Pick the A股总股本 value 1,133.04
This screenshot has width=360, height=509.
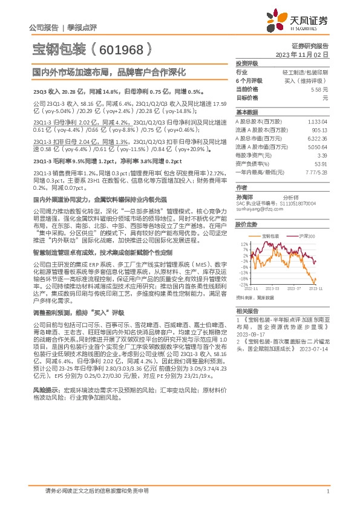[318, 121]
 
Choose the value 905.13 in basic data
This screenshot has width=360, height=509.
[320, 129]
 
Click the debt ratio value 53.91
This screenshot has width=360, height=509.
[321, 163]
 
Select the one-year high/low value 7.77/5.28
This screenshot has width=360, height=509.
[316, 172]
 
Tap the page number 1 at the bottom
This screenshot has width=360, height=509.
[327, 492]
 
